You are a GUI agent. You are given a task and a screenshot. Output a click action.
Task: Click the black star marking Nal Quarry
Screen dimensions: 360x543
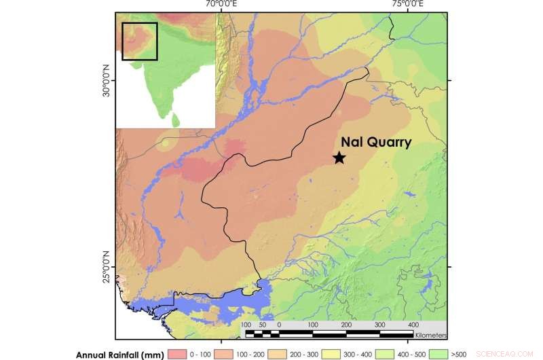click(339, 158)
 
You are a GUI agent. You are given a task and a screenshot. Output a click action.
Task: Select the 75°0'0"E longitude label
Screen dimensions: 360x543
click(405, 5)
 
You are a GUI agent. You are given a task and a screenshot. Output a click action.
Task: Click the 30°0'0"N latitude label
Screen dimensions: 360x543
click(106, 80)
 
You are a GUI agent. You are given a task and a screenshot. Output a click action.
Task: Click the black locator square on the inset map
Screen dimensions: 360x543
click(139, 41)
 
